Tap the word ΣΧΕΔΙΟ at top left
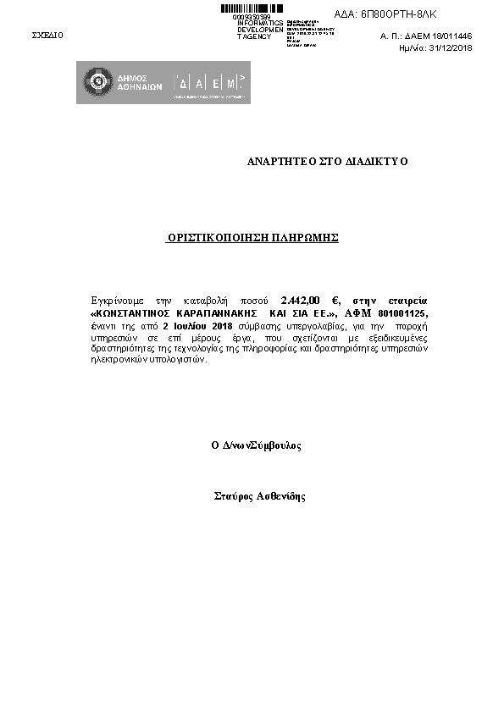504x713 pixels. pyautogui.click(x=47, y=36)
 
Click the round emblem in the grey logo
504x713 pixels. pyautogui.click(x=95, y=82)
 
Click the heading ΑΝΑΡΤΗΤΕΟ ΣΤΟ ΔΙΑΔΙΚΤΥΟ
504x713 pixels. pyautogui.click(x=327, y=161)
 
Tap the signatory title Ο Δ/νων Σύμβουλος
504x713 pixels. pyautogui.click(x=256, y=445)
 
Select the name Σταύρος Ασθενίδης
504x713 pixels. pyautogui.click(x=259, y=496)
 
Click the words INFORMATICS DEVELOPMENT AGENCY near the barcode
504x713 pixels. pyautogui.click(x=260, y=30)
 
